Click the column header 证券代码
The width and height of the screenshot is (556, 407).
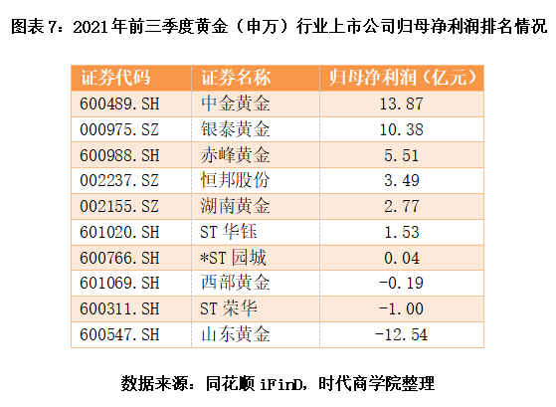pyautogui.click(x=115, y=78)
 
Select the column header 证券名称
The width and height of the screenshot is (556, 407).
pyautogui.click(x=236, y=78)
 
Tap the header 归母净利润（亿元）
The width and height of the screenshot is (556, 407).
pyautogui.click(x=402, y=78)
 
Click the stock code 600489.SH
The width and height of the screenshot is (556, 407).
pyautogui.click(x=119, y=103)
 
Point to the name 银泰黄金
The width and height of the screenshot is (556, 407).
pyautogui.click(x=235, y=129)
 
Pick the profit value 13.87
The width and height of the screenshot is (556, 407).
pyautogui.click(x=402, y=103)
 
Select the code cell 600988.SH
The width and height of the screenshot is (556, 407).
pyautogui.click(x=119, y=155)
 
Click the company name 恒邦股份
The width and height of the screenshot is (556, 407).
pyautogui.click(x=235, y=180)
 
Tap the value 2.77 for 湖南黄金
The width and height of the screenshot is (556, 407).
pyautogui.click(x=402, y=207)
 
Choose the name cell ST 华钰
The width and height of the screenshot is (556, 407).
pyautogui.click(x=229, y=232)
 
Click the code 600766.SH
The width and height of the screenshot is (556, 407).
pyautogui.click(x=119, y=258)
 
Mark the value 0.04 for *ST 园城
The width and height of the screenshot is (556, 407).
pyautogui.click(x=402, y=258)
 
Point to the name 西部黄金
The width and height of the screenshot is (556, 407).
pyautogui.click(x=235, y=283)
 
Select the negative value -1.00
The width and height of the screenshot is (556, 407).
pyautogui.click(x=401, y=308)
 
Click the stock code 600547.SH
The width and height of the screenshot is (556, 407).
pyautogui.click(x=119, y=334)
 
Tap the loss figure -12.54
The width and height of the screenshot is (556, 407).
pyautogui.click(x=401, y=334)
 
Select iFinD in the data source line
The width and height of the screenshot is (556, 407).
pyautogui.click(x=281, y=384)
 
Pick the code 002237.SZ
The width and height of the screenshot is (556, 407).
pyautogui.click(x=119, y=181)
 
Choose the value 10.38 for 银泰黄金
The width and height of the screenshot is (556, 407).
pyautogui.click(x=402, y=129)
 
